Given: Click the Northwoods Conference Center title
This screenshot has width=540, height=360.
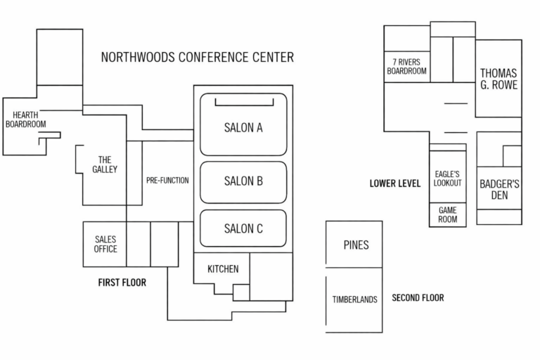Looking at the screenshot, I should tap(197, 57).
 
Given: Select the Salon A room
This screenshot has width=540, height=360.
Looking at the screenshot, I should tap(243, 127).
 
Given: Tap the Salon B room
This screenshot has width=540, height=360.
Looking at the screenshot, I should tap(243, 181).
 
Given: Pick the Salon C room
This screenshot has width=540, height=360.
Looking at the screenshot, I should tap(243, 228).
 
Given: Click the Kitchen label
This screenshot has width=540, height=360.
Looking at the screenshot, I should tap(222, 269).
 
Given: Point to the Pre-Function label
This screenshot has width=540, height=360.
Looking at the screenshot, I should tap(167, 181).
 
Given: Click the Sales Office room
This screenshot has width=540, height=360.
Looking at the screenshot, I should tap(105, 244).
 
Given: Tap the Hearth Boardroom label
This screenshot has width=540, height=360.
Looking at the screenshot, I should tap(25, 120).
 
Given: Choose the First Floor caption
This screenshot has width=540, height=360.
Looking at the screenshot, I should tap(122, 283).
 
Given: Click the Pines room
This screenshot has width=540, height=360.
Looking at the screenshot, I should tap(356, 245).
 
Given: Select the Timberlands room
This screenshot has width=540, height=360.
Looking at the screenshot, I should tap(354, 300).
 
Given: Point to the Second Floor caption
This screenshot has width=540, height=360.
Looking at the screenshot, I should tap(418, 298).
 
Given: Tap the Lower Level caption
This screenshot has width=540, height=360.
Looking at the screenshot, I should tap(394, 184).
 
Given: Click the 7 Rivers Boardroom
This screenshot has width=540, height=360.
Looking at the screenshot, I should tap(406, 66).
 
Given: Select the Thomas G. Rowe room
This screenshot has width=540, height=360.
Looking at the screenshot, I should tap(499, 79).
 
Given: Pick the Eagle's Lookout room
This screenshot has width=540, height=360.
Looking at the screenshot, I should tap(447, 179).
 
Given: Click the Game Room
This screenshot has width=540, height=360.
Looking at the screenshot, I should tap(448, 215).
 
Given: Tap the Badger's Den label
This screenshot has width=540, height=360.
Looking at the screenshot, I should tap(499, 190).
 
